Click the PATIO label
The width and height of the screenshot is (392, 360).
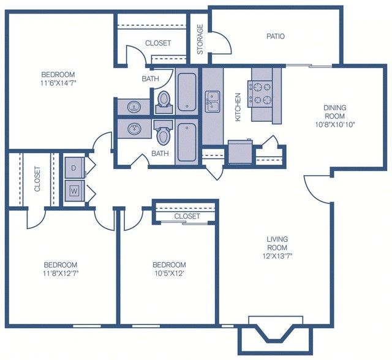click(x=276, y=37)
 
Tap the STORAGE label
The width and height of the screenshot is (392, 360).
click(x=200, y=39)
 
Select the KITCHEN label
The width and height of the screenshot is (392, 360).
click(x=238, y=107)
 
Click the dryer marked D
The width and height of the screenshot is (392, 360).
click(x=75, y=168)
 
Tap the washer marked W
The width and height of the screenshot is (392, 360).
click(x=75, y=191)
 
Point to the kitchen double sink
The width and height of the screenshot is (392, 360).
click(x=213, y=101)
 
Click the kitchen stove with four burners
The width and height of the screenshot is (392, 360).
click(x=260, y=94)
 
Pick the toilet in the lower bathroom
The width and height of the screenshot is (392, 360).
click(x=163, y=133)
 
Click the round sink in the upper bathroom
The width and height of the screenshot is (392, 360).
click(x=134, y=107)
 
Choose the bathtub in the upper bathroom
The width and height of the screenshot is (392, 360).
click(x=187, y=91)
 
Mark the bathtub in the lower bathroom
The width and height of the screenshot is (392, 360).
click(x=186, y=143)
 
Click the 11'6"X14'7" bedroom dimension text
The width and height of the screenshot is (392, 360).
click(x=58, y=83)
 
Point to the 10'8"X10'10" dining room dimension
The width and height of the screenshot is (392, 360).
click(x=335, y=124)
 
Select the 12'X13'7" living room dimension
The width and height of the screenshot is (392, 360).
click(x=277, y=256)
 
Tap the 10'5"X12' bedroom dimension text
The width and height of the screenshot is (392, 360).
click(x=169, y=273)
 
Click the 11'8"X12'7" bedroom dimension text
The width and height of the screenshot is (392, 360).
click(x=61, y=273)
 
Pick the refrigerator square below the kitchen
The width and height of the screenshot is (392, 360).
click(x=240, y=152)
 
